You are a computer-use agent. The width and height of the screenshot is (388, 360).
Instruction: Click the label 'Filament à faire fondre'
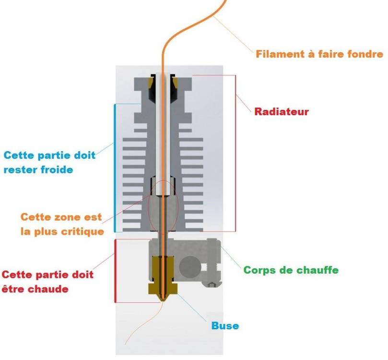coord(319,54)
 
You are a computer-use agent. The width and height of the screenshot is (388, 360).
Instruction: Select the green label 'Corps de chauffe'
coord(291,270)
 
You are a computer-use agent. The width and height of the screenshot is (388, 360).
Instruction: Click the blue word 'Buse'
coord(225,326)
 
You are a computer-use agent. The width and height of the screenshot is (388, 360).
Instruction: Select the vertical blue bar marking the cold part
coord(115,168)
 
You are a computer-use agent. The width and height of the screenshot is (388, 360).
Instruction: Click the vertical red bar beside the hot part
coord(115,271)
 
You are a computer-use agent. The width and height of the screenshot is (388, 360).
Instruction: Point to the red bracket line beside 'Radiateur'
coord(235,154)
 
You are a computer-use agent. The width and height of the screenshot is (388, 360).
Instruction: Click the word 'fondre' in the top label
coord(366,54)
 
